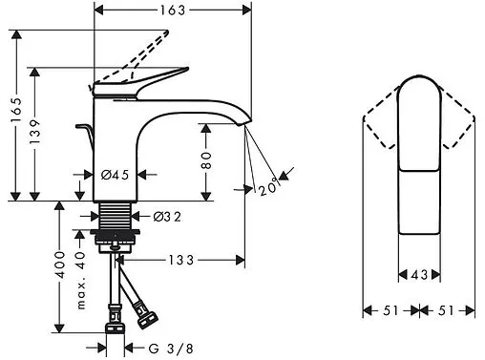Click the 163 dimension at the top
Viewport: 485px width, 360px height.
pyautogui.click(x=172, y=11)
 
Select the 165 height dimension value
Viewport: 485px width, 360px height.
pyautogui.click(x=16, y=110)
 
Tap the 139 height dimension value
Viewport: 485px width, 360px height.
pyautogui.click(x=34, y=132)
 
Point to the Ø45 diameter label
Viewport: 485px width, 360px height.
pyautogui.click(x=115, y=175)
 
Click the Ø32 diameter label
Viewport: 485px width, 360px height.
pyautogui.click(x=167, y=217)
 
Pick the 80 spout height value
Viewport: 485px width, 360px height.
pyautogui.click(x=206, y=160)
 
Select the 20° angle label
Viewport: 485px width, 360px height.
pyautogui.click(x=268, y=187)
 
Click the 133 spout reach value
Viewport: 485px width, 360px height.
pyautogui.click(x=180, y=260)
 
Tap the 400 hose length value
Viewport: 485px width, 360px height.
pyautogui.click(x=60, y=265)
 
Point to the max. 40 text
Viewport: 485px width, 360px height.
pyautogui.click(x=81, y=280)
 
